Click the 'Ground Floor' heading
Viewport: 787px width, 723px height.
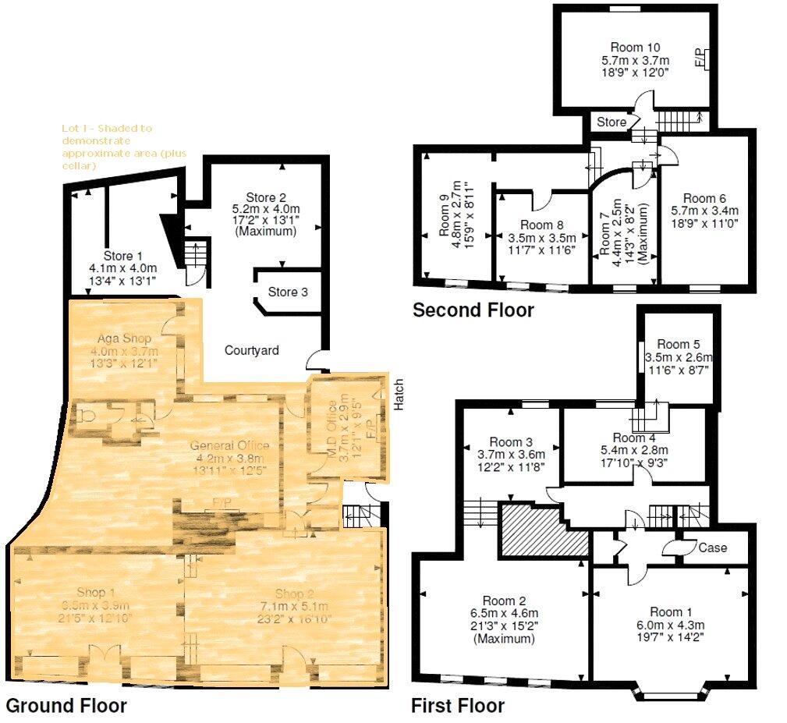point(66,706)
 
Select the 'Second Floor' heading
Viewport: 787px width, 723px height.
point(473,310)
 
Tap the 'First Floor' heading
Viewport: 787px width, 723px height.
point(457,706)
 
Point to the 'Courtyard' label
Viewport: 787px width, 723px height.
point(252,351)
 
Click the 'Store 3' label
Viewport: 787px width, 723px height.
point(288,292)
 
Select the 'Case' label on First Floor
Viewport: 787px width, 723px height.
point(712,548)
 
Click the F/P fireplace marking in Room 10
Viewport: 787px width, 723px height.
point(699,58)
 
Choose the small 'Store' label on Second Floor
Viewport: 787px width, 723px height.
point(612,122)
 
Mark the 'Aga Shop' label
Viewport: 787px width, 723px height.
point(124,338)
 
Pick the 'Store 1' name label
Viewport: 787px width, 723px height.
point(123,255)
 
